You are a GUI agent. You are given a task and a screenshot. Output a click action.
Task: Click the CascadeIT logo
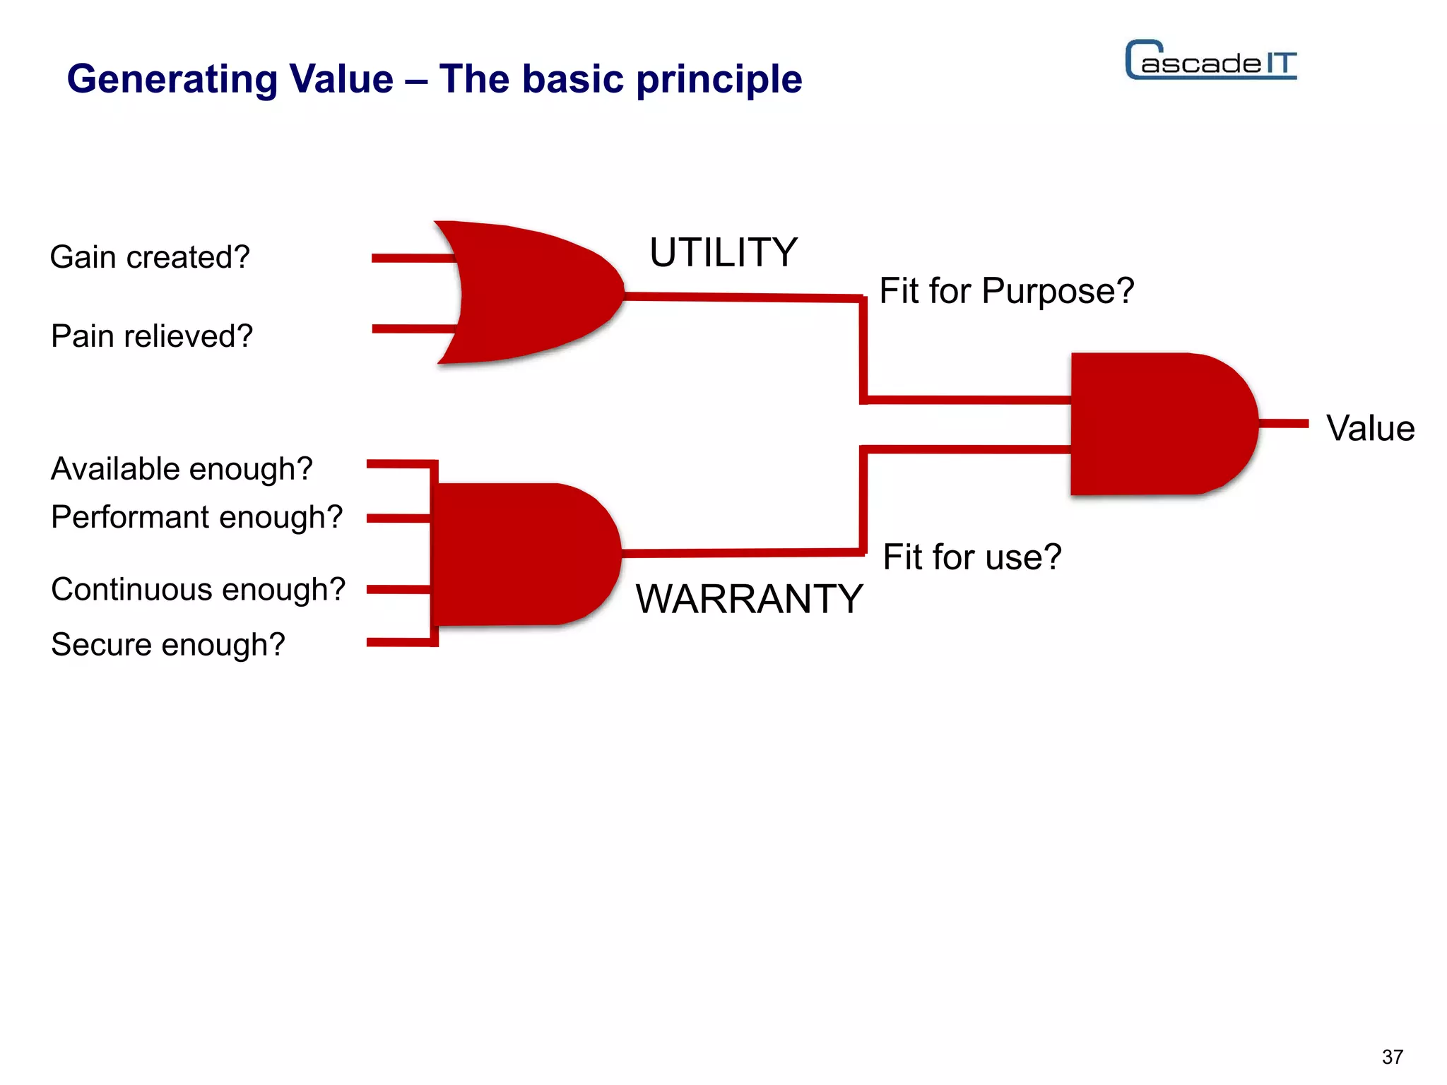[1211, 61]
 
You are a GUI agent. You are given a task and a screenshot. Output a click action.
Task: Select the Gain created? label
[150, 257]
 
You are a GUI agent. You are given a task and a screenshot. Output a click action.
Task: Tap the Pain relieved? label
[152, 336]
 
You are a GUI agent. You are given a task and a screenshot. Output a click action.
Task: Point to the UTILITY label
[723, 252]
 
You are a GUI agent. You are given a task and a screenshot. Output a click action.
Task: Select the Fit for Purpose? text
[1006, 291]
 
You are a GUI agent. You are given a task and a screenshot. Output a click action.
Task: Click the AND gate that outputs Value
[1159, 424]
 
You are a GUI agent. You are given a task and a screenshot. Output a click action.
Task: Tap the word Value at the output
[1370, 428]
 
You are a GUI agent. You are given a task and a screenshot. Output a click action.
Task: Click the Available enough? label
[182, 469]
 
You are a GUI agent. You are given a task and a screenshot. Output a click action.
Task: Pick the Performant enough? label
[196, 517]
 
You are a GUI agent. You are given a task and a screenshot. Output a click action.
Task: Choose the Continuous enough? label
[198, 589]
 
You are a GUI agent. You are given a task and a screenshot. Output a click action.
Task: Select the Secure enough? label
[168, 644]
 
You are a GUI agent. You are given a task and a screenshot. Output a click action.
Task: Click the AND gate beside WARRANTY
[523, 555]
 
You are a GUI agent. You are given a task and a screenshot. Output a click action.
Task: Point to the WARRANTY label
[749, 599]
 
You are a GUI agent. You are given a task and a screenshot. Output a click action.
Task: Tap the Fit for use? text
[971, 557]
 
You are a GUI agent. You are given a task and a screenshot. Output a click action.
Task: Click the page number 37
[1392, 1057]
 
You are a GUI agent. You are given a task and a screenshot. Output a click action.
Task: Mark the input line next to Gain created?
[413, 259]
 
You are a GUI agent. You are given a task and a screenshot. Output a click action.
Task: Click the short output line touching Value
[1283, 424]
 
